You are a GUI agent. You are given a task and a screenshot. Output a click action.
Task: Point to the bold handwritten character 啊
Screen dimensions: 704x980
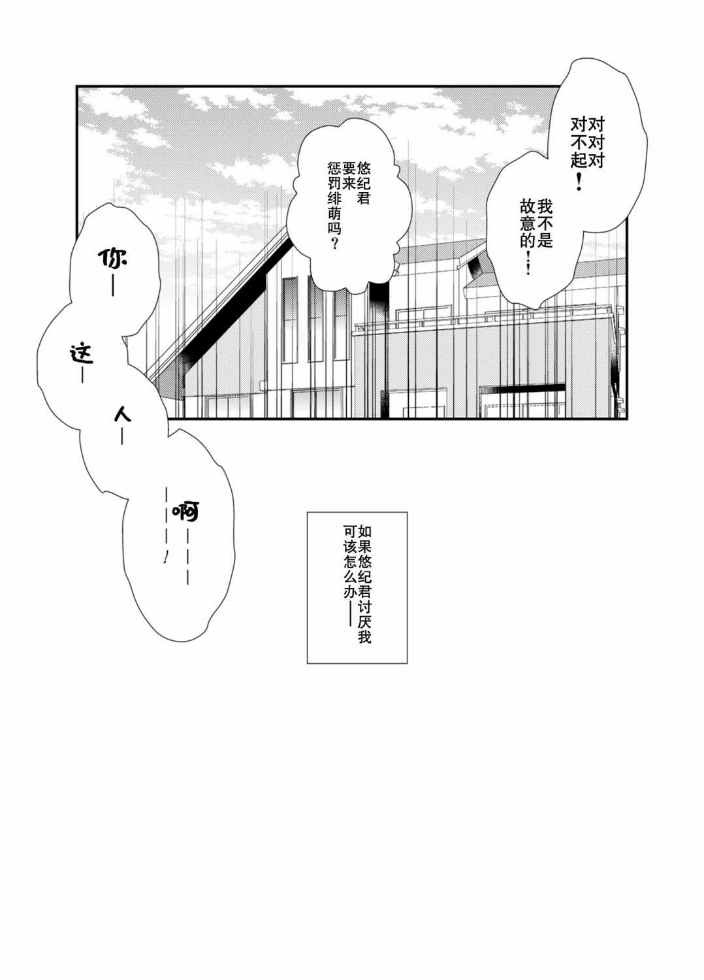186,510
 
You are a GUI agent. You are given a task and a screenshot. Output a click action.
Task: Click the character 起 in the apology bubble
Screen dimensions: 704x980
579,161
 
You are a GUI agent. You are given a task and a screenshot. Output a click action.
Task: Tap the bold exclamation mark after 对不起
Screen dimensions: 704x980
579,181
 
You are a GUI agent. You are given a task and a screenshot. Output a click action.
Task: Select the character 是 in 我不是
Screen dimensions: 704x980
545,240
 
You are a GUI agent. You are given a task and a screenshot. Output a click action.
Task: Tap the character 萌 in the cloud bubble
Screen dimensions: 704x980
335,214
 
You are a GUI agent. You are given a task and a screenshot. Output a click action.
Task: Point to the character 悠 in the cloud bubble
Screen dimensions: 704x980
364,169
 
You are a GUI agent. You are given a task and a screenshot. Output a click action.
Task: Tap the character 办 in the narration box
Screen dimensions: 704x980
350,593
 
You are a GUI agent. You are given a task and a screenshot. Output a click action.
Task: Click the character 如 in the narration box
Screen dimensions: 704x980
364,532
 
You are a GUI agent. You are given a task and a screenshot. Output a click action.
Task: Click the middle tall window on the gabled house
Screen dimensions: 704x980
315,320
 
